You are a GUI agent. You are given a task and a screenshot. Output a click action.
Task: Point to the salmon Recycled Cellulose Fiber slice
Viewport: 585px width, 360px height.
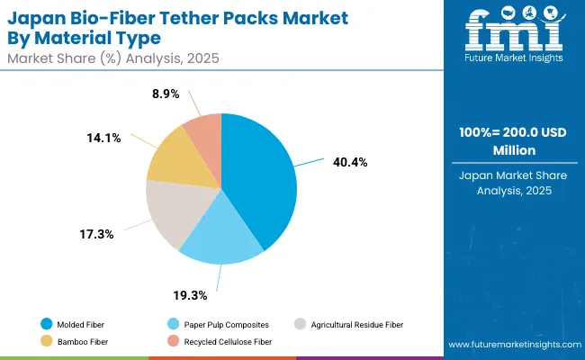coord(205,131)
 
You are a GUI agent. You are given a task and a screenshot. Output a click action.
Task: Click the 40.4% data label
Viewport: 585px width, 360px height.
coord(348,162)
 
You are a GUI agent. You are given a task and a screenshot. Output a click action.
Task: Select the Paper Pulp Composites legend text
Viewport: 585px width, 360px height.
coord(220,323)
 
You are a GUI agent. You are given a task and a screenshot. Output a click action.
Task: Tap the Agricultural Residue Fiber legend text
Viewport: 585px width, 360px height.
coord(356,323)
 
